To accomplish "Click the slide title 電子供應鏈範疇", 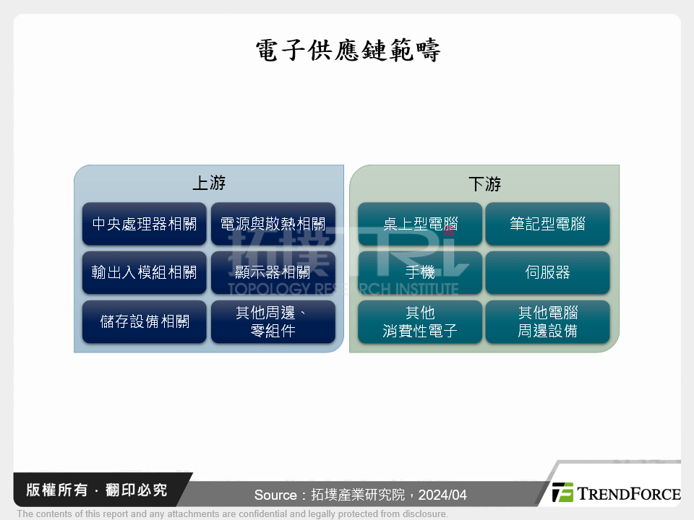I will pyautogui.click(x=348, y=51).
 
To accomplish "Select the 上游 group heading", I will pyautogui.click(x=208, y=183).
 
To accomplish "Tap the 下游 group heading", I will pyautogui.click(x=484, y=183).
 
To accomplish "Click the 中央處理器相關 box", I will pyautogui.click(x=145, y=224).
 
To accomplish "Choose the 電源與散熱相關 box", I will pyautogui.click(x=273, y=224).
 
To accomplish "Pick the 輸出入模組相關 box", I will pyautogui.click(x=145, y=272).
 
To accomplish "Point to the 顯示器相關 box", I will pyautogui.click(x=273, y=272).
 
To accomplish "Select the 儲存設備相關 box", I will pyautogui.click(x=145, y=321).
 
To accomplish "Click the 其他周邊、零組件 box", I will pyautogui.click(x=273, y=321).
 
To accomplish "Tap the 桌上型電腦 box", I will pyautogui.click(x=421, y=224).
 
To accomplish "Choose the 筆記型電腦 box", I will pyautogui.click(x=547, y=224).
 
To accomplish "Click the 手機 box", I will pyautogui.click(x=421, y=272).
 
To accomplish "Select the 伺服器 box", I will pyautogui.click(x=547, y=272).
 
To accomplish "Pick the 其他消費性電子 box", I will pyautogui.click(x=421, y=321).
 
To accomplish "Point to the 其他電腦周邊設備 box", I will pyautogui.click(x=547, y=321).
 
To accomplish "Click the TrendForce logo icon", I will pyautogui.click(x=562, y=492).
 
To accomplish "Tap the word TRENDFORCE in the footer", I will pyautogui.click(x=627, y=493).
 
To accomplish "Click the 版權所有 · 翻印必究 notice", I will pyautogui.click(x=96, y=490).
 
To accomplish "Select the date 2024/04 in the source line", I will pyautogui.click(x=442, y=495).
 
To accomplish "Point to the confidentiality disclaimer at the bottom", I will pyautogui.click(x=232, y=514).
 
